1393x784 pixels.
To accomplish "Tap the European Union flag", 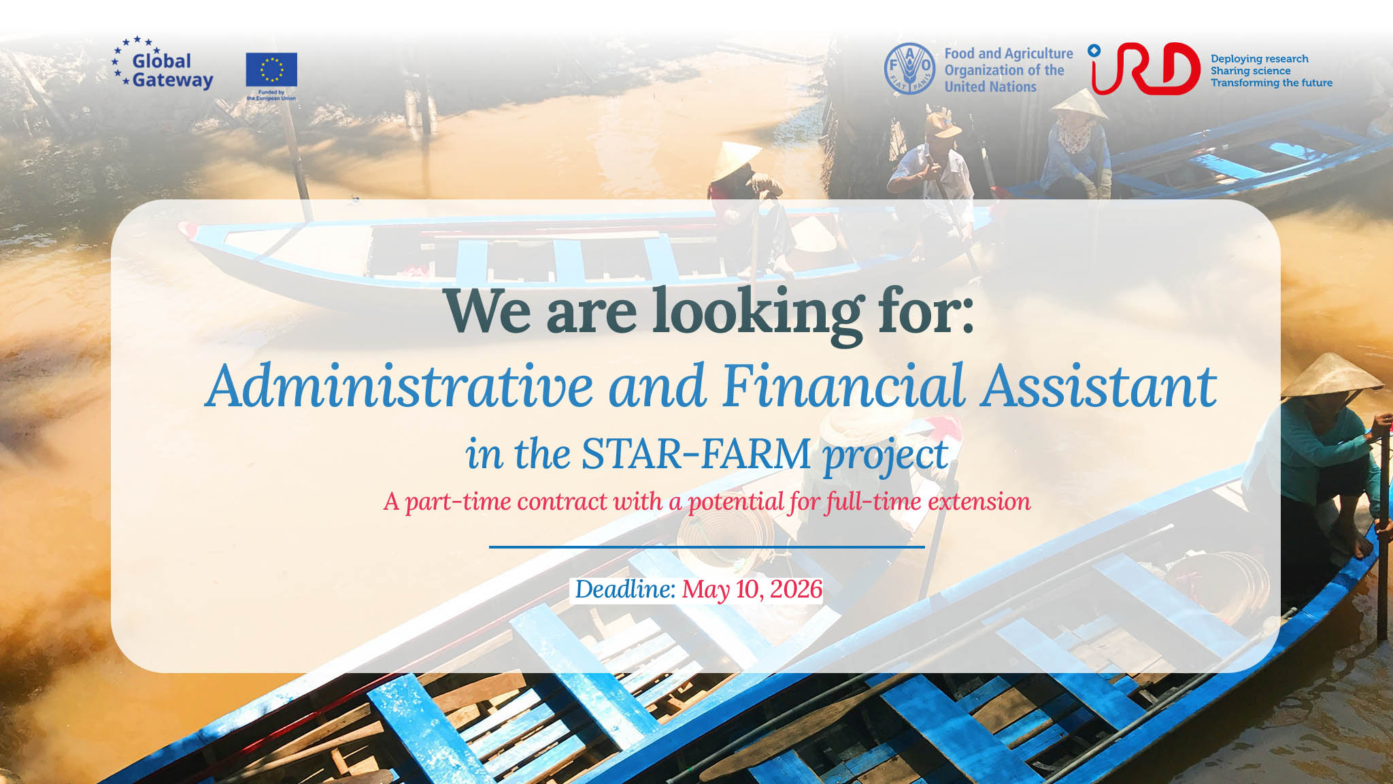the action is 271,69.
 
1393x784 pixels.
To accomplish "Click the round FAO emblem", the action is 909,69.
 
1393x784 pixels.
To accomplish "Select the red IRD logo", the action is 1145,69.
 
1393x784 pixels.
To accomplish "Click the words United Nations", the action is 990,86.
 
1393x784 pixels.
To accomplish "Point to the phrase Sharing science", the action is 1250,71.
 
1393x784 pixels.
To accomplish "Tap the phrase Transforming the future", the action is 1271,82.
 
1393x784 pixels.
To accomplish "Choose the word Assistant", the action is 1098,386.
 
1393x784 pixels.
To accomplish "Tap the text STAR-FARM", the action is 696,454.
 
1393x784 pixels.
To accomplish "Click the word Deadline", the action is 625,589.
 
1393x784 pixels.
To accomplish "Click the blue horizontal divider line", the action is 707,546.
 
